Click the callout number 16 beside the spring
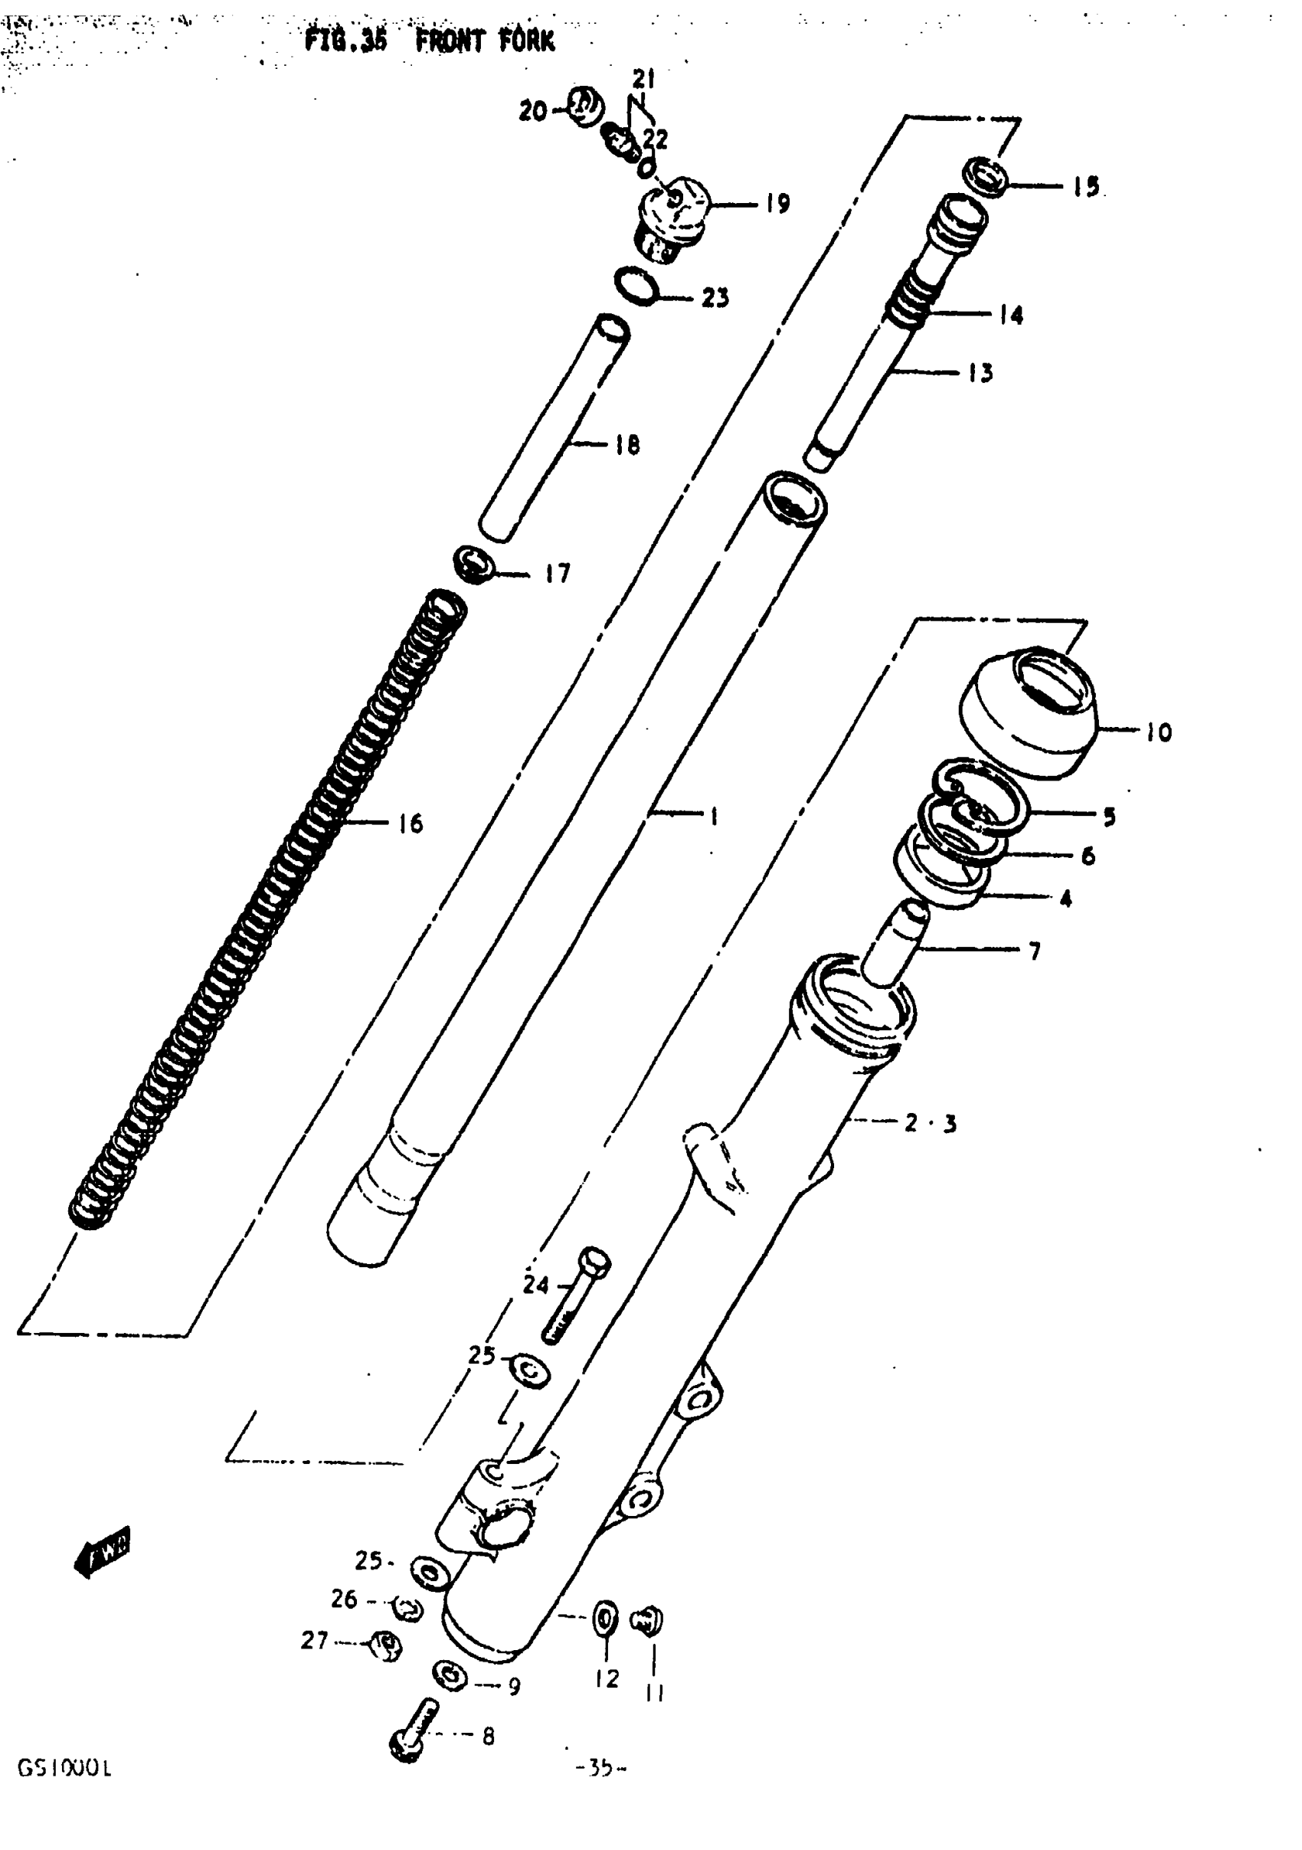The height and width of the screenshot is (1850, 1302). pyautogui.click(x=410, y=823)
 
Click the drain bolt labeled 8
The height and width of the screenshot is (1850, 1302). pyautogui.click(x=414, y=1730)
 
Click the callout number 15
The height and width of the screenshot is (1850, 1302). pyautogui.click(x=1086, y=187)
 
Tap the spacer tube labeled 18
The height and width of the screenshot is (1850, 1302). pyautogui.click(x=554, y=427)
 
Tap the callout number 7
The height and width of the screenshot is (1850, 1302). pyautogui.click(x=1035, y=951)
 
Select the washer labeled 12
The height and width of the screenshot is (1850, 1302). pyautogui.click(x=604, y=1619)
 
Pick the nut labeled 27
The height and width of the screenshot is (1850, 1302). pyautogui.click(x=386, y=1644)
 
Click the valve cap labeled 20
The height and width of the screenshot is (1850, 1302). pyautogui.click(x=586, y=106)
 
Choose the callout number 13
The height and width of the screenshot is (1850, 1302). pyautogui.click(x=980, y=373)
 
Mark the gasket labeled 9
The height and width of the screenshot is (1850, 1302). pyautogui.click(x=450, y=1677)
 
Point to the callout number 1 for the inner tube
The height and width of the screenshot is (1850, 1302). pyautogui.click(x=713, y=817)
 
